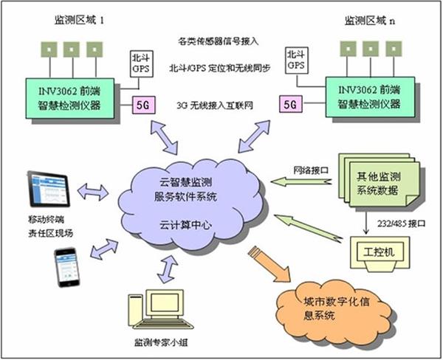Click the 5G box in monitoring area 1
coord(142,105)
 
